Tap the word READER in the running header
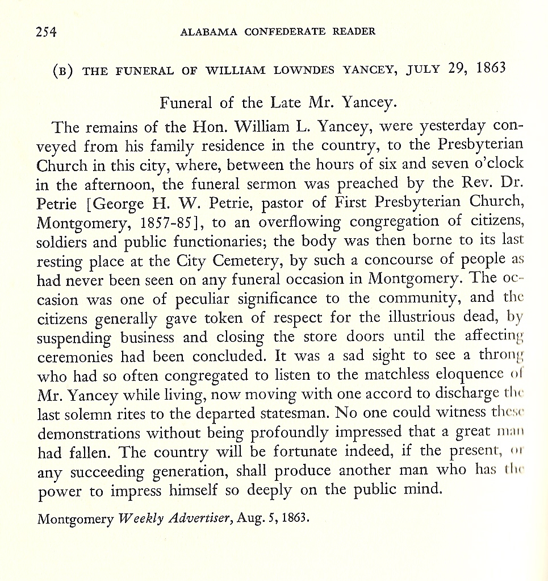354,31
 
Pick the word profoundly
299,431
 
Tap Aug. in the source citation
250,518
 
